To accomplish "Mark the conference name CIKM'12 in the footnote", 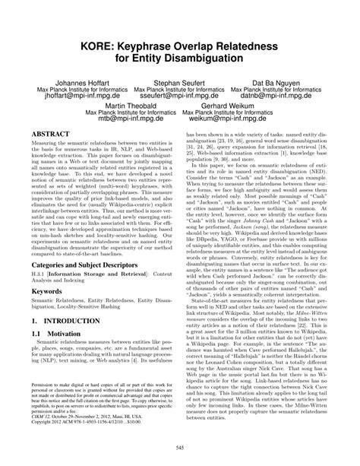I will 41,434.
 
